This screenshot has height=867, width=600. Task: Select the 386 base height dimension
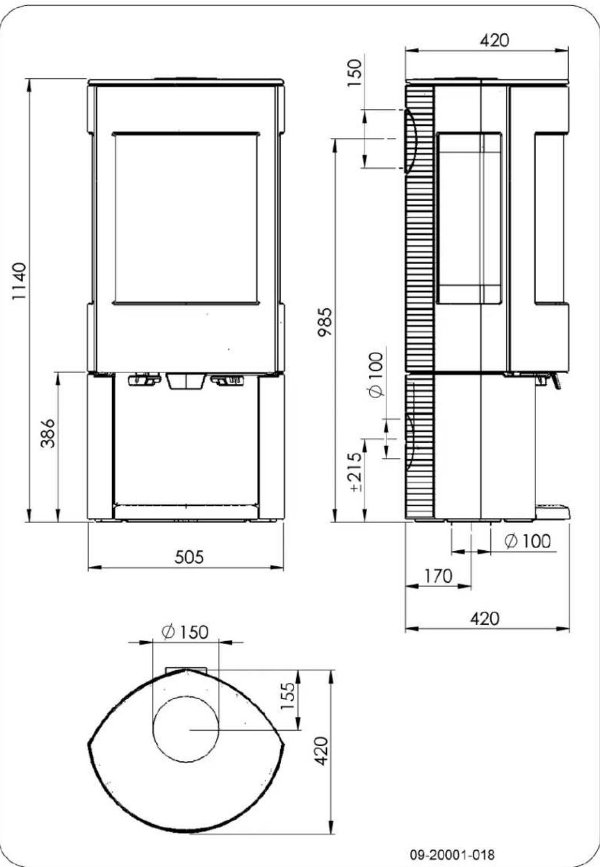pos(49,433)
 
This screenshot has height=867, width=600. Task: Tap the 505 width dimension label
pos(189,556)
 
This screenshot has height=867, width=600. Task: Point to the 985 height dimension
pos(325,323)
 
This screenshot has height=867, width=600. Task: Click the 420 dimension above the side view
pos(494,40)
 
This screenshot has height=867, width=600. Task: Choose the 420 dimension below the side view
pos(485,618)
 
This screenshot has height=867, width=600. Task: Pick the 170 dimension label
pos(438,576)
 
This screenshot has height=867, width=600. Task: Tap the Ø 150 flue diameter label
pos(185,632)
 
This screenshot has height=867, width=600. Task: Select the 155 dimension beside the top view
pos(289,696)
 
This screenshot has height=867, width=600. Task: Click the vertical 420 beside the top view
pos(322,751)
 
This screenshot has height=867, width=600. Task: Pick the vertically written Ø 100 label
pos(377,375)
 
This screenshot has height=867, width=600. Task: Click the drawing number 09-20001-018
pos(453,854)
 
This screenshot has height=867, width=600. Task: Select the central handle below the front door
pos(186,381)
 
